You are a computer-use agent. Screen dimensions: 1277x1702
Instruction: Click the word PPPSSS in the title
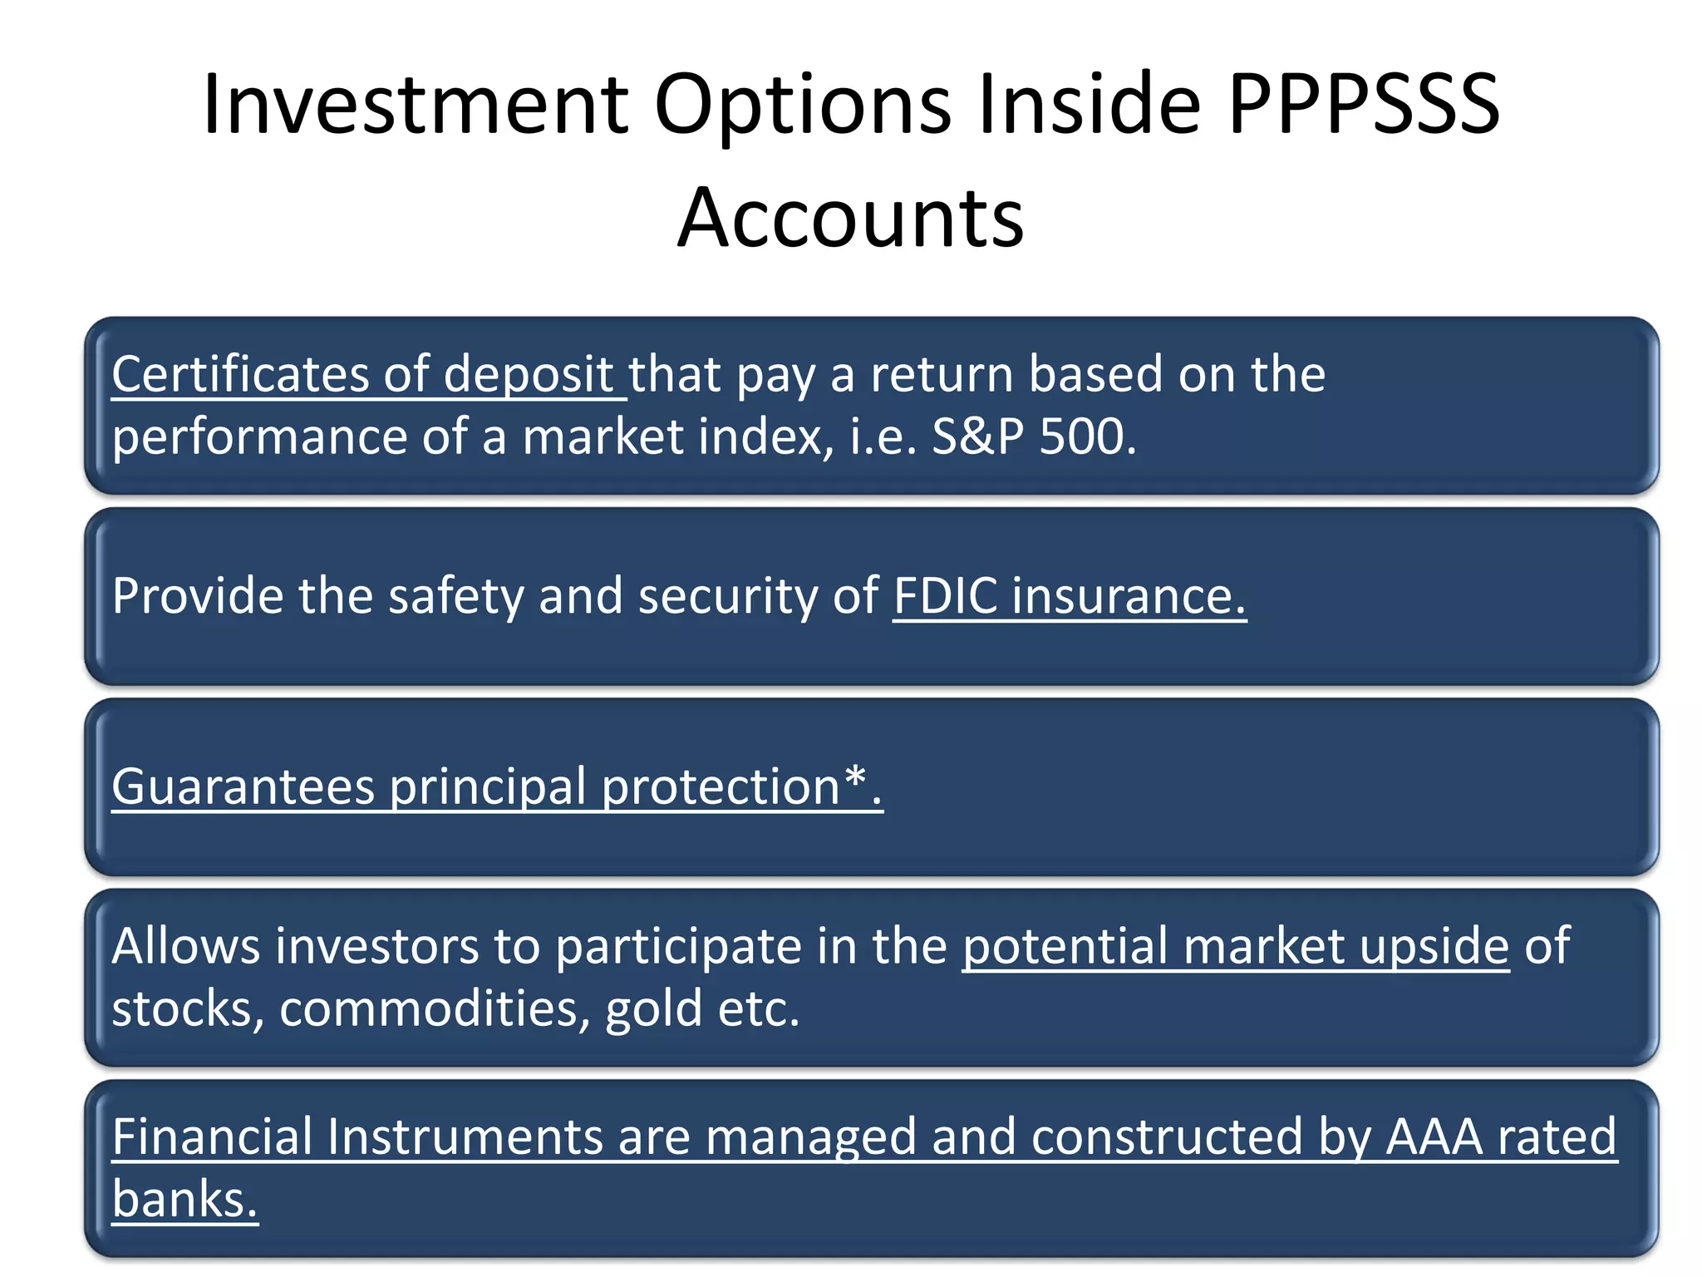[x=1363, y=105]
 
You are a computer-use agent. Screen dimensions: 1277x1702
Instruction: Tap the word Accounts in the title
[x=850, y=218]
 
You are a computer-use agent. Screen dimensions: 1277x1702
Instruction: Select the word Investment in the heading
[x=416, y=105]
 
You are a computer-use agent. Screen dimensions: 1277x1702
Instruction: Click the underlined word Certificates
[x=239, y=374]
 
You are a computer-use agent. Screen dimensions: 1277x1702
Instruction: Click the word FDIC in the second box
[x=945, y=596]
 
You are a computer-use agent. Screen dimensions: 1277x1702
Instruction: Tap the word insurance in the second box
[x=1128, y=596]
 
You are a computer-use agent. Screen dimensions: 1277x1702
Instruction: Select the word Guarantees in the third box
[x=243, y=786]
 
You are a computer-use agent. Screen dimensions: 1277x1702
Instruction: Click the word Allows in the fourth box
[x=185, y=946]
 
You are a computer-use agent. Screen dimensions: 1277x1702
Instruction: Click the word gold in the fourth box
[x=653, y=1008]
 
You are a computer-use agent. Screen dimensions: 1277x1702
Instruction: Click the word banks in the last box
[x=184, y=1200]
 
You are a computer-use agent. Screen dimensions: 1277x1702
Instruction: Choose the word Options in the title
[x=802, y=105]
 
